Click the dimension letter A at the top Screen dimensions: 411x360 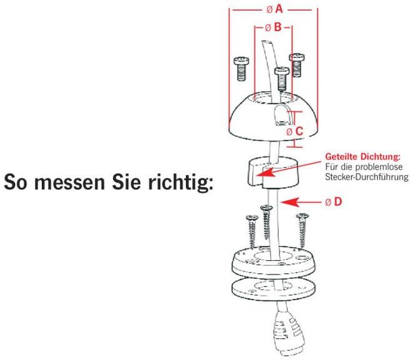(279, 9)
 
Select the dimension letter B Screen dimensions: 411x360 (278, 27)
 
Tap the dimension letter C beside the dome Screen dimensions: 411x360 (299, 131)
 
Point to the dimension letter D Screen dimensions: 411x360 (338, 202)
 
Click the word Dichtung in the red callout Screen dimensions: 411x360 (380, 157)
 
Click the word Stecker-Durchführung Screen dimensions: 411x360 (367, 177)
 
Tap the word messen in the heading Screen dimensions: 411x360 (70, 182)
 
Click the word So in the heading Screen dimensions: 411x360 (16, 182)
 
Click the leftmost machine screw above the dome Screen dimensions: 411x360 (241, 69)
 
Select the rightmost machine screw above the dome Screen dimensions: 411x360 (296, 65)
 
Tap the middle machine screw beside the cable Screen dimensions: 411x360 (282, 79)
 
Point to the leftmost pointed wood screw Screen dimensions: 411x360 (252, 231)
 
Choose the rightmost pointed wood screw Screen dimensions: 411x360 (302, 230)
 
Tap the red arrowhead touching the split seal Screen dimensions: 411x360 (264, 173)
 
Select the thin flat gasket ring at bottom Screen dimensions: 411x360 (274, 289)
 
